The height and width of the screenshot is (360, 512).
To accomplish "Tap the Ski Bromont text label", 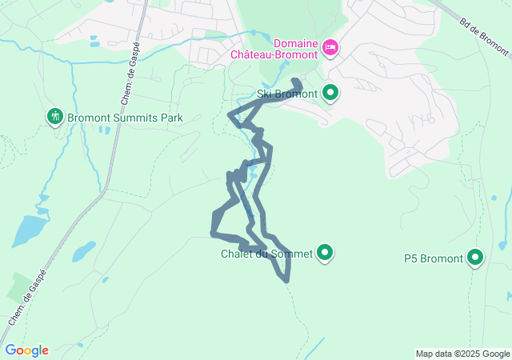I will [x=287, y=94].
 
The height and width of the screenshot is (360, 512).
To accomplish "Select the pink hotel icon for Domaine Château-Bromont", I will [x=330, y=49].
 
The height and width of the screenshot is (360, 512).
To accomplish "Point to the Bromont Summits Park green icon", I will [x=54, y=117].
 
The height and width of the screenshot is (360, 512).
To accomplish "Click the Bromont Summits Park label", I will [x=125, y=118].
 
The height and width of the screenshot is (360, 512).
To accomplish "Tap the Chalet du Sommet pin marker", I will [x=325, y=253].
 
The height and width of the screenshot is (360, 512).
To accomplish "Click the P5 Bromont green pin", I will [x=475, y=258].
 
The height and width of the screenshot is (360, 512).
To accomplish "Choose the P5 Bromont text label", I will [x=433, y=258].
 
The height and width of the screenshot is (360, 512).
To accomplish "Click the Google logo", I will [x=26, y=350].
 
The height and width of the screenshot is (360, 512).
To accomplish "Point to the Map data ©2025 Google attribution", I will [x=462, y=354].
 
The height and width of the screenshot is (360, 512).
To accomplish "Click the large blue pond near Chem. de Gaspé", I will [x=29, y=231].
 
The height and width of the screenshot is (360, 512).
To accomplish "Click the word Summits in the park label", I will [x=137, y=118].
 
